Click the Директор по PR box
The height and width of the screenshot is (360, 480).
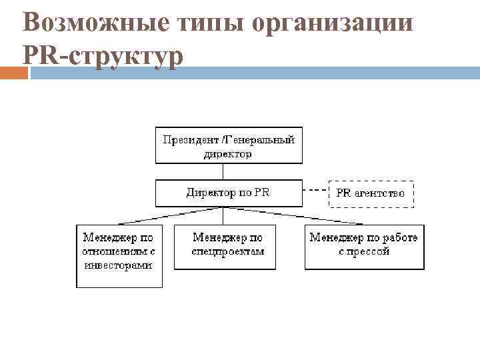coord(229,193)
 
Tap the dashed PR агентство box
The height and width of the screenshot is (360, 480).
coord(371,193)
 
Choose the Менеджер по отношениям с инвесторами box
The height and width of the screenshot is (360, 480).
coord(119,257)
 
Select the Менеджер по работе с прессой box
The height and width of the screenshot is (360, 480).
coord(364,247)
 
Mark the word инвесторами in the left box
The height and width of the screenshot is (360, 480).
coord(118,265)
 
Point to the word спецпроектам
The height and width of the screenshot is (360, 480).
coord(228,252)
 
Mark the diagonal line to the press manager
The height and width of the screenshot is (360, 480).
coord(293,215)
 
